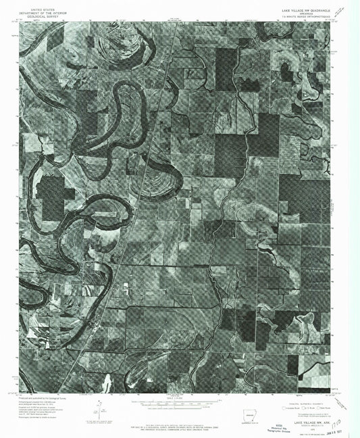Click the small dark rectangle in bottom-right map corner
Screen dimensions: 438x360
point(292,366)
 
